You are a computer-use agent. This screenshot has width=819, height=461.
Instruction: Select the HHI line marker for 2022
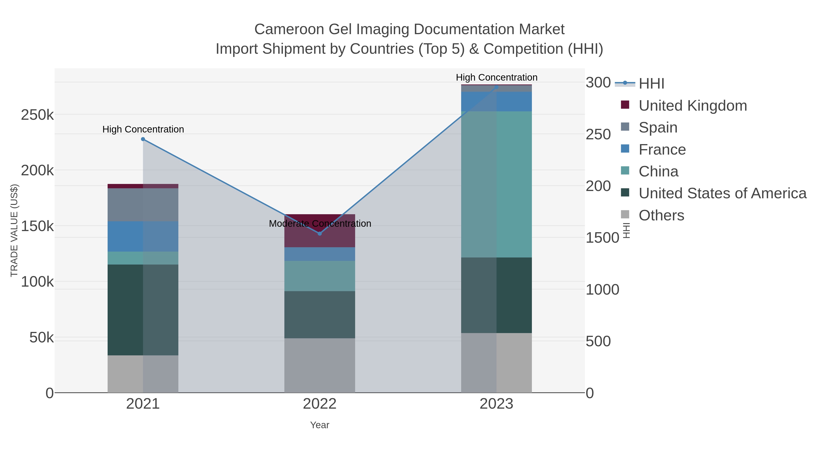tap(320, 234)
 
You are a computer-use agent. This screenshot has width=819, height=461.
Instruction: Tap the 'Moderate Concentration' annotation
tap(320, 224)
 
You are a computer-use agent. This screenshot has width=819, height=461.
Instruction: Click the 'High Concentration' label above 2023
tap(496, 77)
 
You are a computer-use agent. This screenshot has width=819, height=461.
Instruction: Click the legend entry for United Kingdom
tap(693, 106)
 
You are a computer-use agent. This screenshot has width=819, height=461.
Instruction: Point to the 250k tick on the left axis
tap(37, 115)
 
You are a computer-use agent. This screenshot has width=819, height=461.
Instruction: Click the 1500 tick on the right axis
tap(602, 238)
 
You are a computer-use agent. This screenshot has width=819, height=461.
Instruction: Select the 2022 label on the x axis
tap(320, 404)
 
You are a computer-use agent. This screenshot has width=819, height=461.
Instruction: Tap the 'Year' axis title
tap(320, 425)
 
